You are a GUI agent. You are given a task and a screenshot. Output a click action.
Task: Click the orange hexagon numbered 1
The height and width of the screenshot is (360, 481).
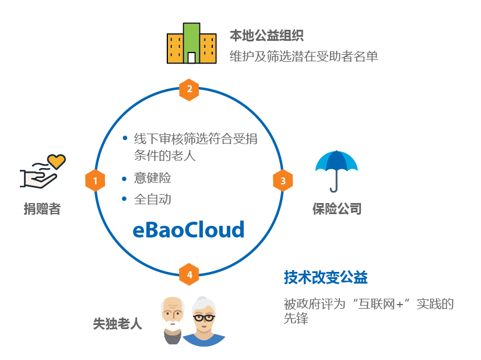(95, 181)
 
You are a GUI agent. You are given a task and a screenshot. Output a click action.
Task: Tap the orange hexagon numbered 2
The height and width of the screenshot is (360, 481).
(189, 89)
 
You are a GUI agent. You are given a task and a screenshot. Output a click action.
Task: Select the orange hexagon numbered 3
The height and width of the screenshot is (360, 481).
(283, 181)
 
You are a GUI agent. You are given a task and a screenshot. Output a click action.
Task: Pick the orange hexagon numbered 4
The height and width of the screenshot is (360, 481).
(189, 274)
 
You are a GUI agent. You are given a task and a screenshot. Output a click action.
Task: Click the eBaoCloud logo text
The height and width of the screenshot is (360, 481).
(188, 229)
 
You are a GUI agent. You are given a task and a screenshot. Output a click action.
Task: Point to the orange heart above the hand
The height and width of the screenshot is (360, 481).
(57, 160)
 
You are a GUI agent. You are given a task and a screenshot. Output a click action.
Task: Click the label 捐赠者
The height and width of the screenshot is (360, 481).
(42, 208)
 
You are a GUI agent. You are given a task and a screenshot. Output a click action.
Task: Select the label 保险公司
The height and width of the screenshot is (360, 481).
(337, 208)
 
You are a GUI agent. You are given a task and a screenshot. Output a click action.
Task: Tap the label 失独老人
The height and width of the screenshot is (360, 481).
(117, 323)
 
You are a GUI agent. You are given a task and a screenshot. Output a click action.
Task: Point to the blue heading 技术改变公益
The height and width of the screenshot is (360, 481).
(326, 278)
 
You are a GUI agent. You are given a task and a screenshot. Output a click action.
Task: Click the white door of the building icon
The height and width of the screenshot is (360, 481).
(191, 57)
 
